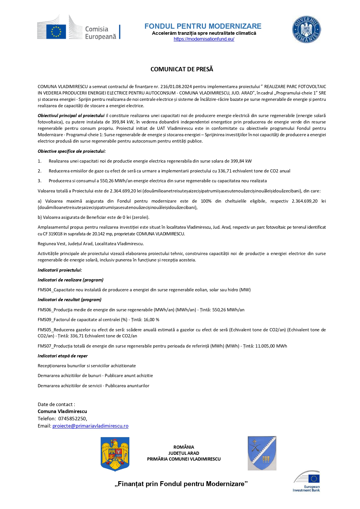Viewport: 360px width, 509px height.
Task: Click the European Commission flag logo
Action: point(56,30)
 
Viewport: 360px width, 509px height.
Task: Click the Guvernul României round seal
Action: point(306,30)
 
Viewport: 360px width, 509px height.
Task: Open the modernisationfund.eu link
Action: point(204,39)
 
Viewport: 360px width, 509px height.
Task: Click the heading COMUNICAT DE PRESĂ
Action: point(182,69)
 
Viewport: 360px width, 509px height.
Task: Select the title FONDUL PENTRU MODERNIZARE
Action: point(203,26)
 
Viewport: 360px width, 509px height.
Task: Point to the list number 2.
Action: point(39,171)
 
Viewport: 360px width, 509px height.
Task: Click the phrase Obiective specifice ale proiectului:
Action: point(72,151)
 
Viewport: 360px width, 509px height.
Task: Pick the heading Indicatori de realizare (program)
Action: point(70,280)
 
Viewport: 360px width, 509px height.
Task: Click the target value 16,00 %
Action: point(151,320)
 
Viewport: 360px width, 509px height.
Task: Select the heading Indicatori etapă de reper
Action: point(63,356)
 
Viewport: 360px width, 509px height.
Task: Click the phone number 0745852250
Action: point(72,419)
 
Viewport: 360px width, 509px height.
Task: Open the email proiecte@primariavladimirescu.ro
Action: point(90,426)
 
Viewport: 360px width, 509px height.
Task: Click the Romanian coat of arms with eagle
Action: point(115,454)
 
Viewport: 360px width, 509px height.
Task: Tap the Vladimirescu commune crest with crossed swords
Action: point(262,453)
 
